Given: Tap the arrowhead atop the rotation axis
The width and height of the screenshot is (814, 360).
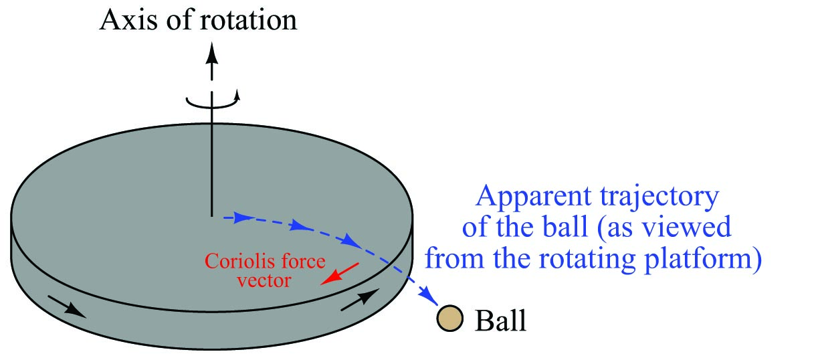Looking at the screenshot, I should pos(212,51).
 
